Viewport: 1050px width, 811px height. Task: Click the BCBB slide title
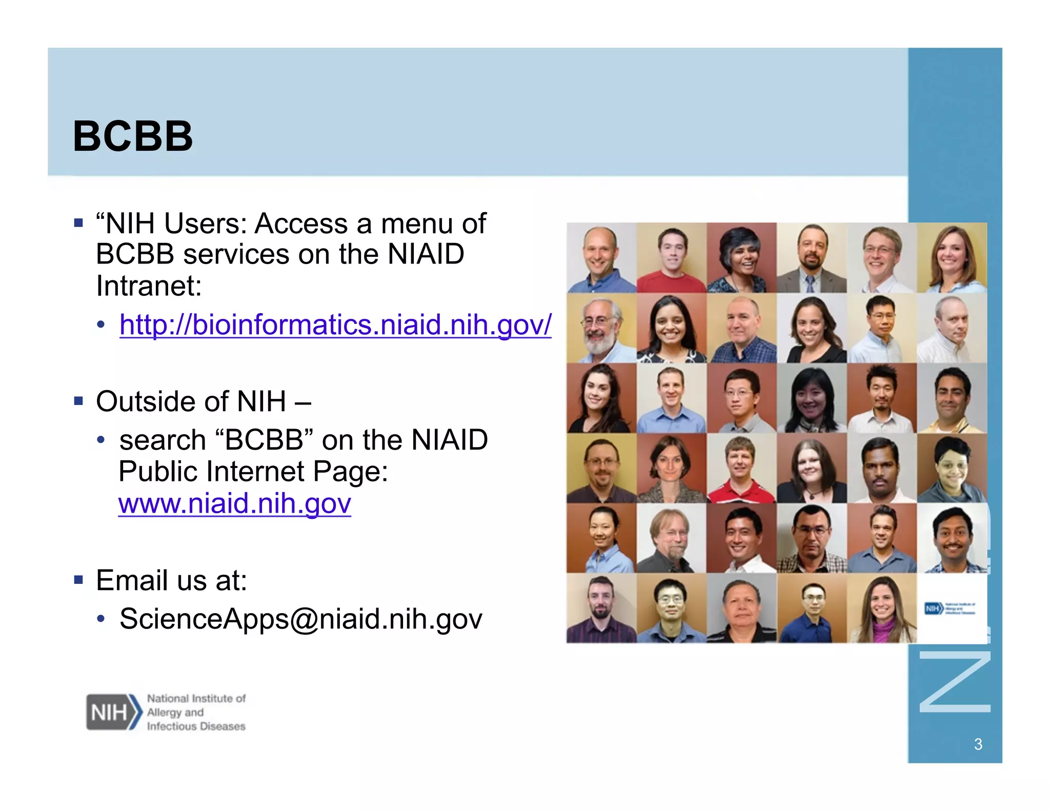pos(133,136)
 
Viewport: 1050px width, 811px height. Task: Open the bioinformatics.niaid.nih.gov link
pos(335,325)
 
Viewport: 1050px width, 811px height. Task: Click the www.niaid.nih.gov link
pos(234,503)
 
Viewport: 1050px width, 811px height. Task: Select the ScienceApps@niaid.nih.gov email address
pos(300,619)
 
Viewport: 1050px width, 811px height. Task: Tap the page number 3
pos(978,744)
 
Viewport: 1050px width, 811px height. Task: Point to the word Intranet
pos(149,286)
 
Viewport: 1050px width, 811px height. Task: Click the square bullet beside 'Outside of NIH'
pos(78,400)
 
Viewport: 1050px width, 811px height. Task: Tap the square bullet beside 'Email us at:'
pos(78,580)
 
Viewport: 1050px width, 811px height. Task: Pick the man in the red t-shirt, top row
pos(672,258)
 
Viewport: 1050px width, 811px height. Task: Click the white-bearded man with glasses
pos(601,328)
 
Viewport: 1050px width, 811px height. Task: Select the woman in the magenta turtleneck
pos(882,609)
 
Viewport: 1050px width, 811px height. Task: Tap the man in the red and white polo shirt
pos(741,469)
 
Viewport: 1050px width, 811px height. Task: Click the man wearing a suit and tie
pos(811,258)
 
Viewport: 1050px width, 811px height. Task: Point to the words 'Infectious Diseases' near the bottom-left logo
pos(196,726)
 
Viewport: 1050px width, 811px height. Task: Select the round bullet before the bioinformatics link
pos(102,325)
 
